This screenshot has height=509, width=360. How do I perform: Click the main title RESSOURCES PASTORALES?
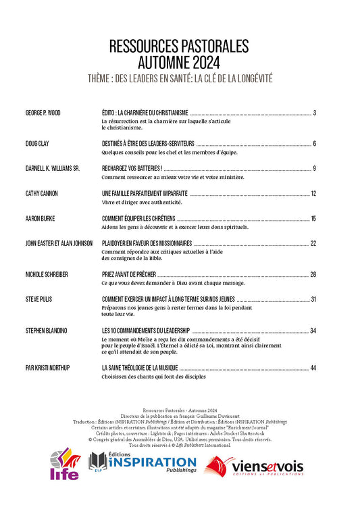click(x=179, y=46)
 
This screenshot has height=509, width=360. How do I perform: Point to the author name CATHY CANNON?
click(x=41, y=194)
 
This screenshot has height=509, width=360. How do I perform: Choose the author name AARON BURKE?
click(x=40, y=219)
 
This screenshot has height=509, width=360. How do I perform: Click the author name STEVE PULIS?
click(x=39, y=299)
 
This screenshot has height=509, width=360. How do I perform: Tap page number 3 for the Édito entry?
click(x=315, y=112)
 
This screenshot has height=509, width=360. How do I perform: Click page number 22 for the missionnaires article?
click(x=313, y=243)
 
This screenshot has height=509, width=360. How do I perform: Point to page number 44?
click(x=313, y=368)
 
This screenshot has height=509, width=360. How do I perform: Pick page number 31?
click(x=313, y=299)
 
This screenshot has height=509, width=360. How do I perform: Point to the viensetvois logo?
click(x=254, y=466)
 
